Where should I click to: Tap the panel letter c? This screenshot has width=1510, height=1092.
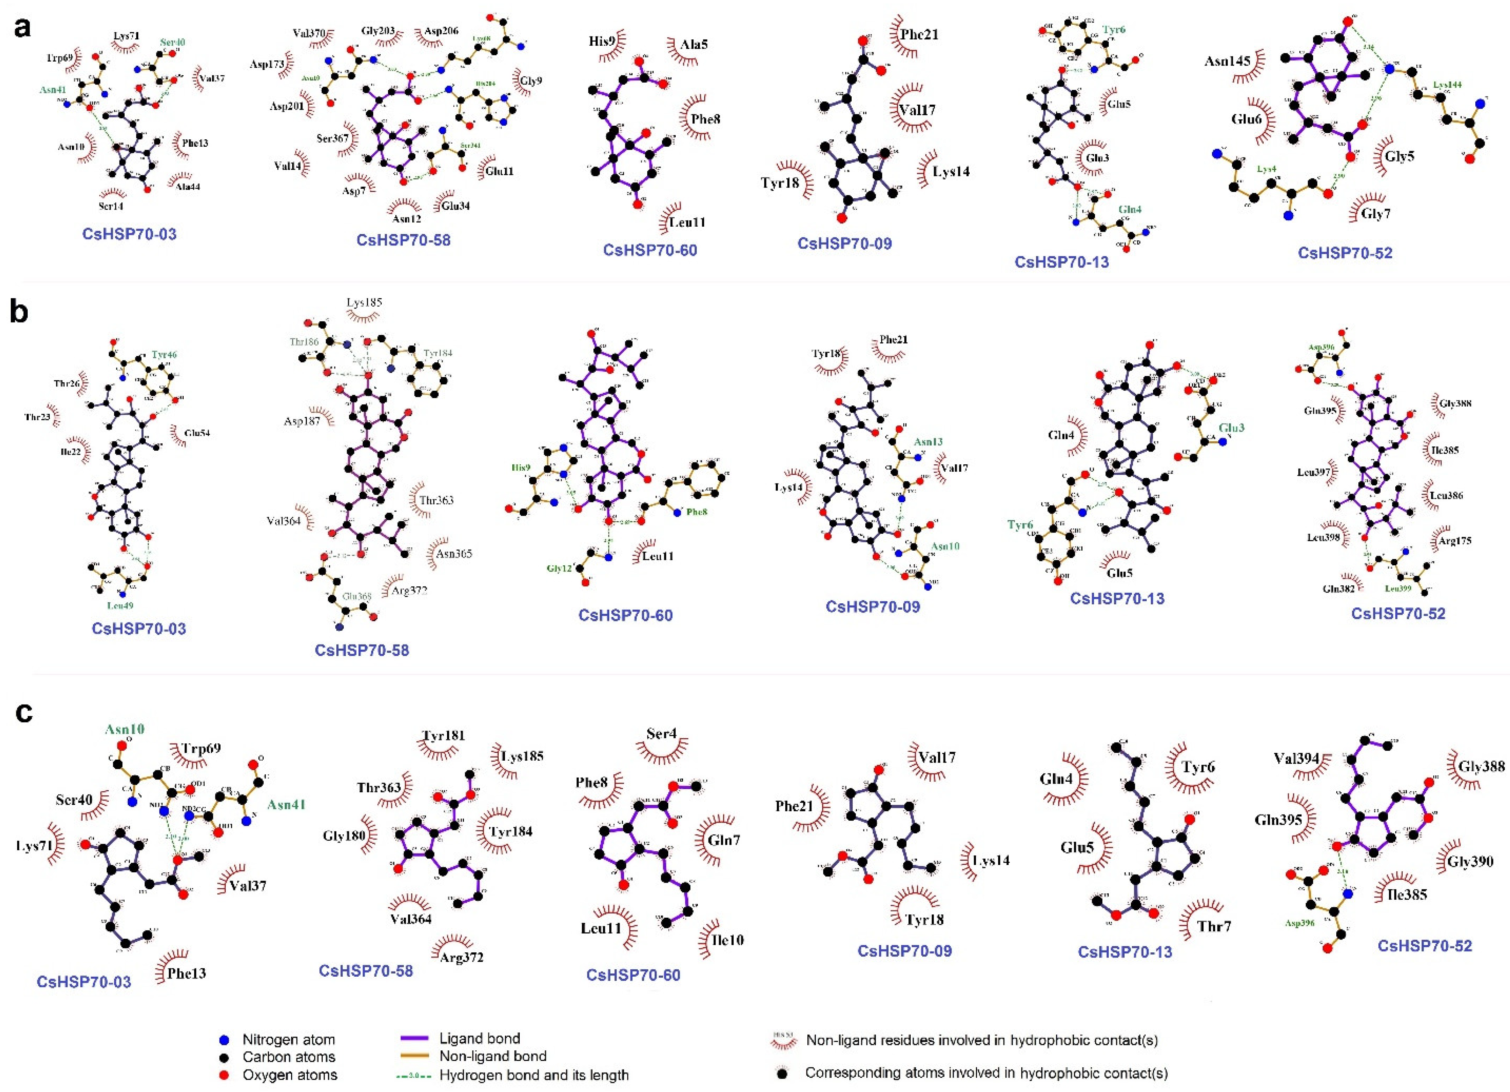pyautogui.click(x=24, y=712)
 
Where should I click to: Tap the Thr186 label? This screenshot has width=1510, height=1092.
pyautogui.click(x=304, y=341)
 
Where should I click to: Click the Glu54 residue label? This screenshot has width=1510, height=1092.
pyautogui.click(x=198, y=433)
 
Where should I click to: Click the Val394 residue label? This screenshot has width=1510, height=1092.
pyautogui.click(x=1296, y=758)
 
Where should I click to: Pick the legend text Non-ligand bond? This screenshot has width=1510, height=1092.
pyautogui.click(x=493, y=1056)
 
